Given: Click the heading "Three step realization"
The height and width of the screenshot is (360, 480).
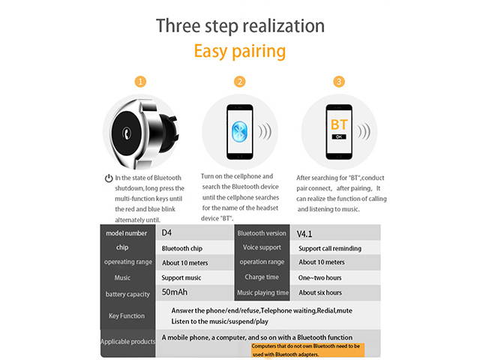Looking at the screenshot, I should pyautogui.click(x=240, y=25).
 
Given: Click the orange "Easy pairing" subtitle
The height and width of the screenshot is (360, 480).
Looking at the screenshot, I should pyautogui.click(x=240, y=52).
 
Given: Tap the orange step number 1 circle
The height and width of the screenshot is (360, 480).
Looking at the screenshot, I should pyautogui.click(x=140, y=81).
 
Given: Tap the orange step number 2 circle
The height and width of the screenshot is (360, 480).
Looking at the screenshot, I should pyautogui.click(x=240, y=81).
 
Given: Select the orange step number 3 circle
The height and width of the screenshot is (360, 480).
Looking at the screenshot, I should pyautogui.click(x=340, y=81).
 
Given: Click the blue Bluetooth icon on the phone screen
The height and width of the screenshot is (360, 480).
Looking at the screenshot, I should pyautogui.click(x=239, y=128).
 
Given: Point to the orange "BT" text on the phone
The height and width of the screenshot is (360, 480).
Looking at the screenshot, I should pyautogui.click(x=339, y=124).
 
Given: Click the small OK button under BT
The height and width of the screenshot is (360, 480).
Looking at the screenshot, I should pyautogui.click(x=339, y=136).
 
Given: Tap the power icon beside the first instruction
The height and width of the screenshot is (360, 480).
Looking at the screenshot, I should pyautogui.click(x=109, y=178).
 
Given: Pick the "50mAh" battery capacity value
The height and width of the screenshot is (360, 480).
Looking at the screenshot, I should pyautogui.click(x=175, y=292).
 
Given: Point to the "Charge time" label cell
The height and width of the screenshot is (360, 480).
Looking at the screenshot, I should pyautogui.click(x=262, y=277).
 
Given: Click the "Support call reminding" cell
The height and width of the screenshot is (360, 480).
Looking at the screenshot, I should pyautogui.click(x=330, y=248).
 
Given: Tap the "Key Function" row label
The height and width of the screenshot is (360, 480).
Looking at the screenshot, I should pyautogui.click(x=127, y=316).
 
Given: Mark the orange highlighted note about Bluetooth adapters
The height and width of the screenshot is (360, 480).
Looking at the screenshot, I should pyautogui.click(x=307, y=349).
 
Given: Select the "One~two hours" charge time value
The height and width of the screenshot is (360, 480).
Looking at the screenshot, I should pyautogui.click(x=322, y=277).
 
